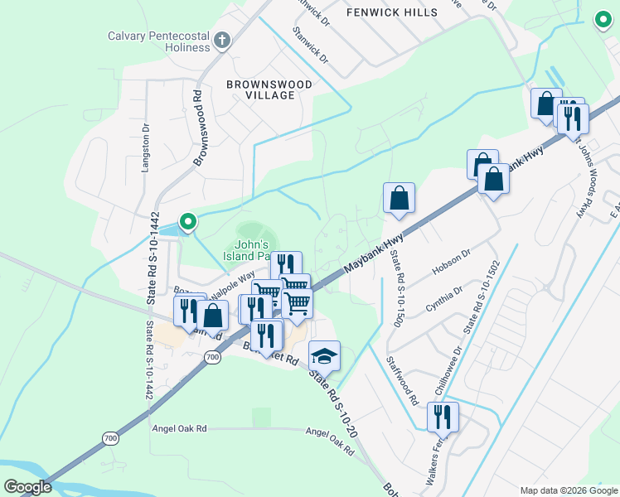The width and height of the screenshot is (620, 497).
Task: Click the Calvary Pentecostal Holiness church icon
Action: click(221, 40)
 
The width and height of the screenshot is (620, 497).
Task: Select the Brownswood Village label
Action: click(270, 89)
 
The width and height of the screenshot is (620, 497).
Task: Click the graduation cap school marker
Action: click(324, 356)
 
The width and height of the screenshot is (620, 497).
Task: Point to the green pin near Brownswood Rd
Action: click(188, 221)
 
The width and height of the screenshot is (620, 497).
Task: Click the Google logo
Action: click(28, 487)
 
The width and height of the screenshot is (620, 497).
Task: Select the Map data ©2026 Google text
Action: click(568, 490)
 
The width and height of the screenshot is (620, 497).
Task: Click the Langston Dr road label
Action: click(145, 147)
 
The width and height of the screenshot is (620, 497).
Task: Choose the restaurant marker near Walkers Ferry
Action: click(443, 417)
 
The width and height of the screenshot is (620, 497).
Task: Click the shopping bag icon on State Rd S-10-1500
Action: click(399, 199)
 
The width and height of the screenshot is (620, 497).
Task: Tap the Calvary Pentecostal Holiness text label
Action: click(159, 41)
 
